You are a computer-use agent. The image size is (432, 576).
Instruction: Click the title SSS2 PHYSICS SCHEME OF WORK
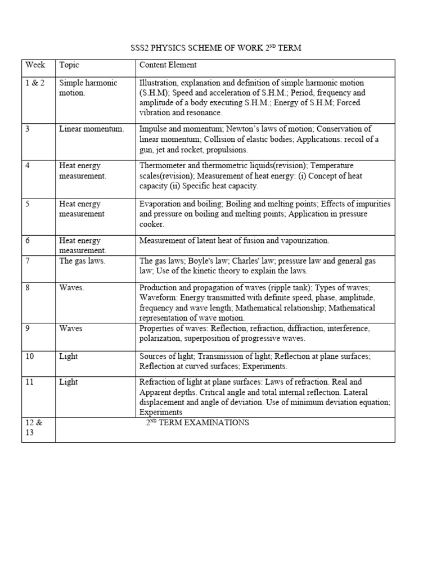click(216, 48)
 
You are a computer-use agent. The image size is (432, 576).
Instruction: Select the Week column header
click(35, 65)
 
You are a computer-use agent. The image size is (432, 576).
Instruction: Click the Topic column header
click(69, 65)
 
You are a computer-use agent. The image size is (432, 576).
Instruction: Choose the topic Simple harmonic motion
click(88, 88)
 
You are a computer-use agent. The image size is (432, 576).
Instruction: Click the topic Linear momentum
click(91, 129)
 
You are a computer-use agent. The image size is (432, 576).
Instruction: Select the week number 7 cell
click(28, 261)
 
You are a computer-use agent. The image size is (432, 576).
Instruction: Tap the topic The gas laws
click(82, 261)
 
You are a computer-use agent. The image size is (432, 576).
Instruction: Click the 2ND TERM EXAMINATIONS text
click(197, 422)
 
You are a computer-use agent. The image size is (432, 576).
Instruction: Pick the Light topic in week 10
click(69, 357)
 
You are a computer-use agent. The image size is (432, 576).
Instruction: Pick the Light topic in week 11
click(69, 382)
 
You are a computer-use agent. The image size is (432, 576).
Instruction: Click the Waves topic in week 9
click(71, 328)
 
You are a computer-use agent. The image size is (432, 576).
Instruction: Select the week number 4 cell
click(28, 166)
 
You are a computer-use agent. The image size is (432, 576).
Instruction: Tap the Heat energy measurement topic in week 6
click(82, 245)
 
